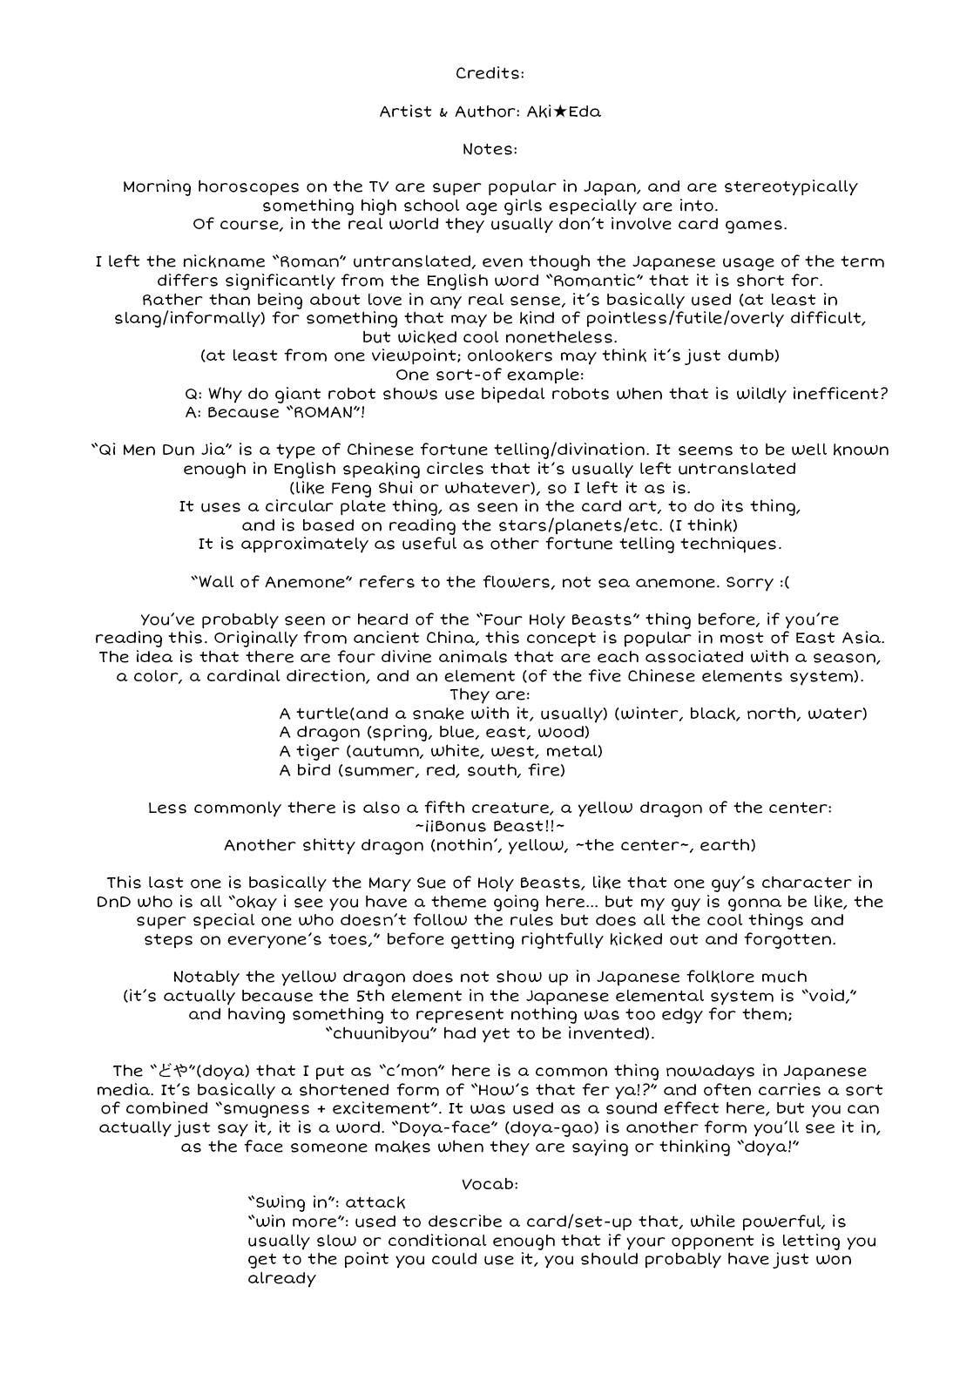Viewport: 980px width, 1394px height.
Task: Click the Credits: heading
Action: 490,74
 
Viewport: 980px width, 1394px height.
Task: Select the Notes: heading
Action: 490,149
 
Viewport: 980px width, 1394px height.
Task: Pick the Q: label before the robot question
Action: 194,394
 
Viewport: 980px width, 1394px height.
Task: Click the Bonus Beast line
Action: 490,826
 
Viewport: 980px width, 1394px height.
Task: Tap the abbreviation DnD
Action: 114,902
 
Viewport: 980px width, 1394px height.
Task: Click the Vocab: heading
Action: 490,1184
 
